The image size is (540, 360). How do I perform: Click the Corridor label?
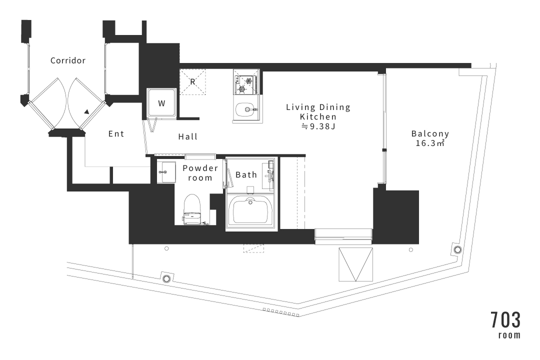(x=68, y=60)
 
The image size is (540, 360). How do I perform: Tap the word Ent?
(x=116, y=133)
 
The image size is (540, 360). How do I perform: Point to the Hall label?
(x=187, y=137)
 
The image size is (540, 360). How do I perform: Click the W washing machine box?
(x=162, y=103)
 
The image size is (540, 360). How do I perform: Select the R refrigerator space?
(x=192, y=82)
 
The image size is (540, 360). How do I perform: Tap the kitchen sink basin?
(x=246, y=110)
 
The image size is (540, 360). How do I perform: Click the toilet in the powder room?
(x=192, y=209)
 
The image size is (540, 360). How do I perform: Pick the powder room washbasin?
(x=166, y=171)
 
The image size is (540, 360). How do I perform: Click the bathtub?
(x=250, y=211)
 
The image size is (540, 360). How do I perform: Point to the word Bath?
(x=246, y=175)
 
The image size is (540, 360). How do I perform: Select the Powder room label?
(x=200, y=173)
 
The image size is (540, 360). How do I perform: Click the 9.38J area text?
(x=318, y=126)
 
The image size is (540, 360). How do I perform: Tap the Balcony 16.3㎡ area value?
(x=430, y=143)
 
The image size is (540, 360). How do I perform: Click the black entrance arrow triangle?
(x=87, y=111)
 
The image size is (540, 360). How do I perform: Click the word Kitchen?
(x=318, y=117)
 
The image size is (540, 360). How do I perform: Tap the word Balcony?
(x=430, y=133)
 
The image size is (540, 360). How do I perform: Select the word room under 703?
(x=509, y=335)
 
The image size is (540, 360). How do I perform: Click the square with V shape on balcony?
(x=356, y=264)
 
